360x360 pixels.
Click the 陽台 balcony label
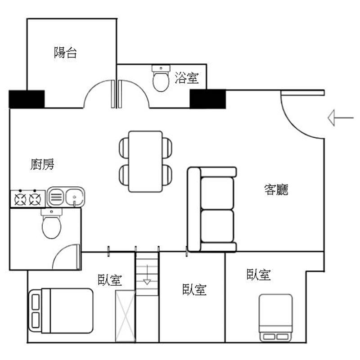tap(65, 53)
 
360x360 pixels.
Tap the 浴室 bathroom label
tap(187, 77)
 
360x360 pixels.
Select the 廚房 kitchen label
tap(42, 164)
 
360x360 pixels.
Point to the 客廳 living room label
tap(276, 189)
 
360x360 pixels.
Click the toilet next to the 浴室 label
tap(161, 78)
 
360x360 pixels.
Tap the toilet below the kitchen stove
tap(52, 223)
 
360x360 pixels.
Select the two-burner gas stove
tap(28, 198)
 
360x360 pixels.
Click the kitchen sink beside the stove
tap(66, 197)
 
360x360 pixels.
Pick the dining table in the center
tap(145, 162)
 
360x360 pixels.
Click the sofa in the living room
tap(212, 209)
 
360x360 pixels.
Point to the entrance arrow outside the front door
tap(341, 118)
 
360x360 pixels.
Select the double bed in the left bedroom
tap(61, 310)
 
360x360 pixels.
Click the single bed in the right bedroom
tap(276, 318)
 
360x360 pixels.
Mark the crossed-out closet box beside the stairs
tap(126, 316)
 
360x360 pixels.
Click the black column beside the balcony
tap(27, 99)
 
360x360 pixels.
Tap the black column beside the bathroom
tap(208, 99)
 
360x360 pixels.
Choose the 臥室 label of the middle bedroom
tap(194, 289)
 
